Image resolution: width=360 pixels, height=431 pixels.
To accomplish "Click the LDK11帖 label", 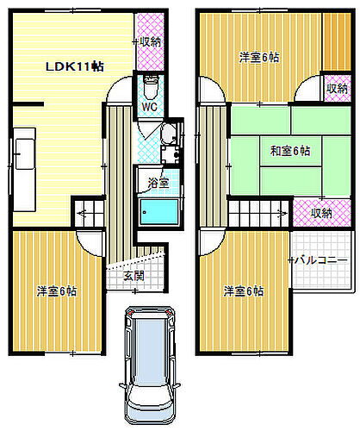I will pyautogui.click(x=75, y=65).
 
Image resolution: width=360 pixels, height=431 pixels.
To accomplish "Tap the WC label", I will pyautogui.click(x=149, y=108).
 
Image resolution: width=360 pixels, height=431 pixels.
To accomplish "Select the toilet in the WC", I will pyautogui.click(x=150, y=87).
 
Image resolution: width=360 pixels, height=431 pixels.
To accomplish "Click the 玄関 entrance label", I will pyautogui.click(x=133, y=275).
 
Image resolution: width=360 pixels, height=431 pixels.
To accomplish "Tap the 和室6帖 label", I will pyautogui.click(x=289, y=151).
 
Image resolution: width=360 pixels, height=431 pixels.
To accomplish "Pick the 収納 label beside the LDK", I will pyautogui.click(x=150, y=41).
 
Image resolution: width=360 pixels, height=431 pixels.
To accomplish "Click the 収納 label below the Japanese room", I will pyautogui.click(x=321, y=213).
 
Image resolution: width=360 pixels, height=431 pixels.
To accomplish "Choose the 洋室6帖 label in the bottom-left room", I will pyautogui.click(x=57, y=290).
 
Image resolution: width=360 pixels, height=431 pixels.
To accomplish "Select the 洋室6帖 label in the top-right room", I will pyautogui.click(x=258, y=58).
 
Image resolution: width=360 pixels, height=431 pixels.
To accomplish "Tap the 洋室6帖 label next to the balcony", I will pyautogui.click(x=244, y=290).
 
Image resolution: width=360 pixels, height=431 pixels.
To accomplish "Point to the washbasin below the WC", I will pyautogui.click(x=167, y=134).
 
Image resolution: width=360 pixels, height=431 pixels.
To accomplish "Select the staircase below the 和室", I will pyautogui.click(x=258, y=211).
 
